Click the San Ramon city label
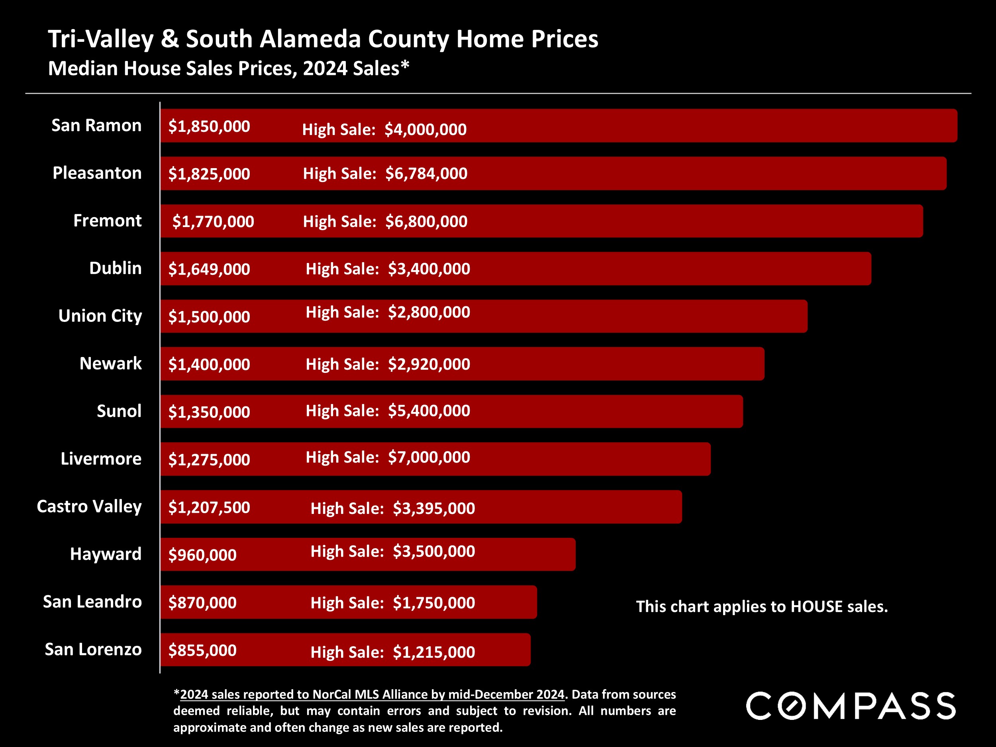(96, 125)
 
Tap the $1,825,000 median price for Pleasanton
(209, 174)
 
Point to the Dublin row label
(115, 269)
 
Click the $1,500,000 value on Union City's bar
(209, 317)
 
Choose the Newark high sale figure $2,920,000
(429, 364)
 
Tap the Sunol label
(119, 411)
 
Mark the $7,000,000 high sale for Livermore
(429, 457)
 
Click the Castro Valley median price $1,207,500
(209, 508)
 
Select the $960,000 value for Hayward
(202, 555)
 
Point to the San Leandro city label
(92, 602)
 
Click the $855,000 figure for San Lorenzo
(202, 650)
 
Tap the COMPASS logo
(851, 706)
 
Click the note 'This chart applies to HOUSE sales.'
(762, 606)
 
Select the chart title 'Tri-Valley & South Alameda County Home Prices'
(323, 39)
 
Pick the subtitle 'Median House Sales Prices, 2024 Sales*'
(228, 69)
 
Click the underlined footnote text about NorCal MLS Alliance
(372, 694)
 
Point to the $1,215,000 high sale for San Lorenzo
(433, 652)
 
